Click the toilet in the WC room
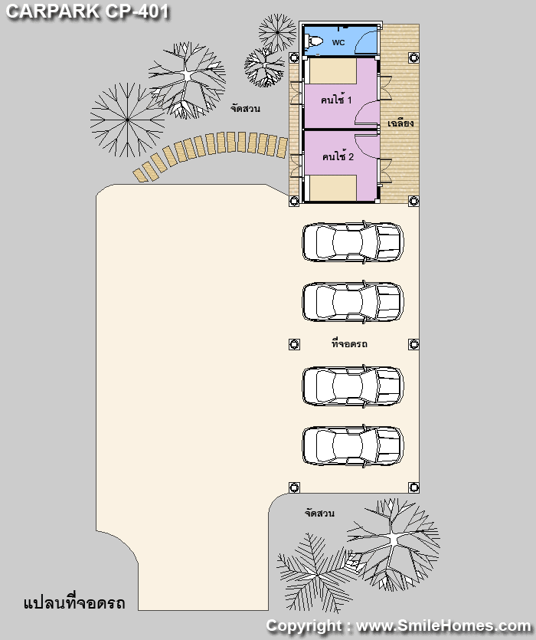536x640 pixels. point(314,41)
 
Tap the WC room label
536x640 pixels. point(338,42)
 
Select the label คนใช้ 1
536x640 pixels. point(336,99)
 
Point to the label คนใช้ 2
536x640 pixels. point(338,156)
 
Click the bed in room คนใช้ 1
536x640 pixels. point(333,71)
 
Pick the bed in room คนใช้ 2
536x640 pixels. point(333,188)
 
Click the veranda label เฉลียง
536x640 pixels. point(400,123)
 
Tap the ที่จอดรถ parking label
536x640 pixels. point(349,343)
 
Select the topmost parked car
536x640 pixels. point(353,242)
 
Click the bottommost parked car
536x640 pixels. point(353,446)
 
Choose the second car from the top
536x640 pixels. point(353,302)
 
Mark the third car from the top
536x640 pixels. point(353,386)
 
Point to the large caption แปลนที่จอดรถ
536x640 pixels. point(74,603)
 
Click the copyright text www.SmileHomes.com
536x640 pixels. point(443,625)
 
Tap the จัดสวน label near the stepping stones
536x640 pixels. point(245,109)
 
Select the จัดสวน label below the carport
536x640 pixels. point(319,513)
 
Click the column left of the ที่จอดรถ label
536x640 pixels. point(294,344)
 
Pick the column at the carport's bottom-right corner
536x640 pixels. point(413,487)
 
